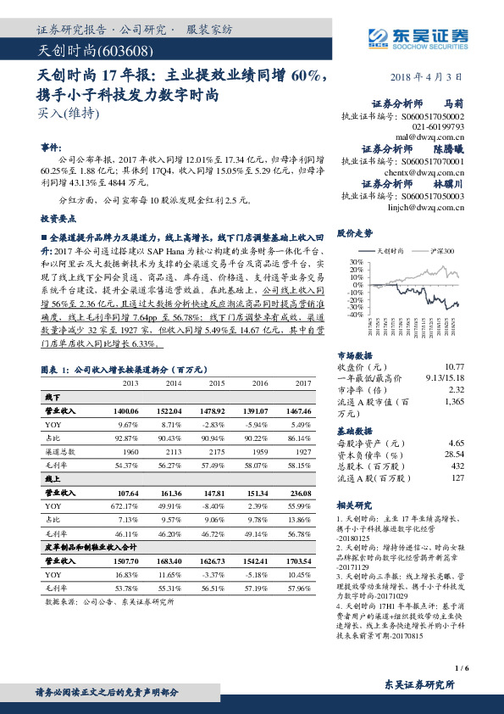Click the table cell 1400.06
[124, 410]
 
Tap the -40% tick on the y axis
[345, 315]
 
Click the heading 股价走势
[355, 232]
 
